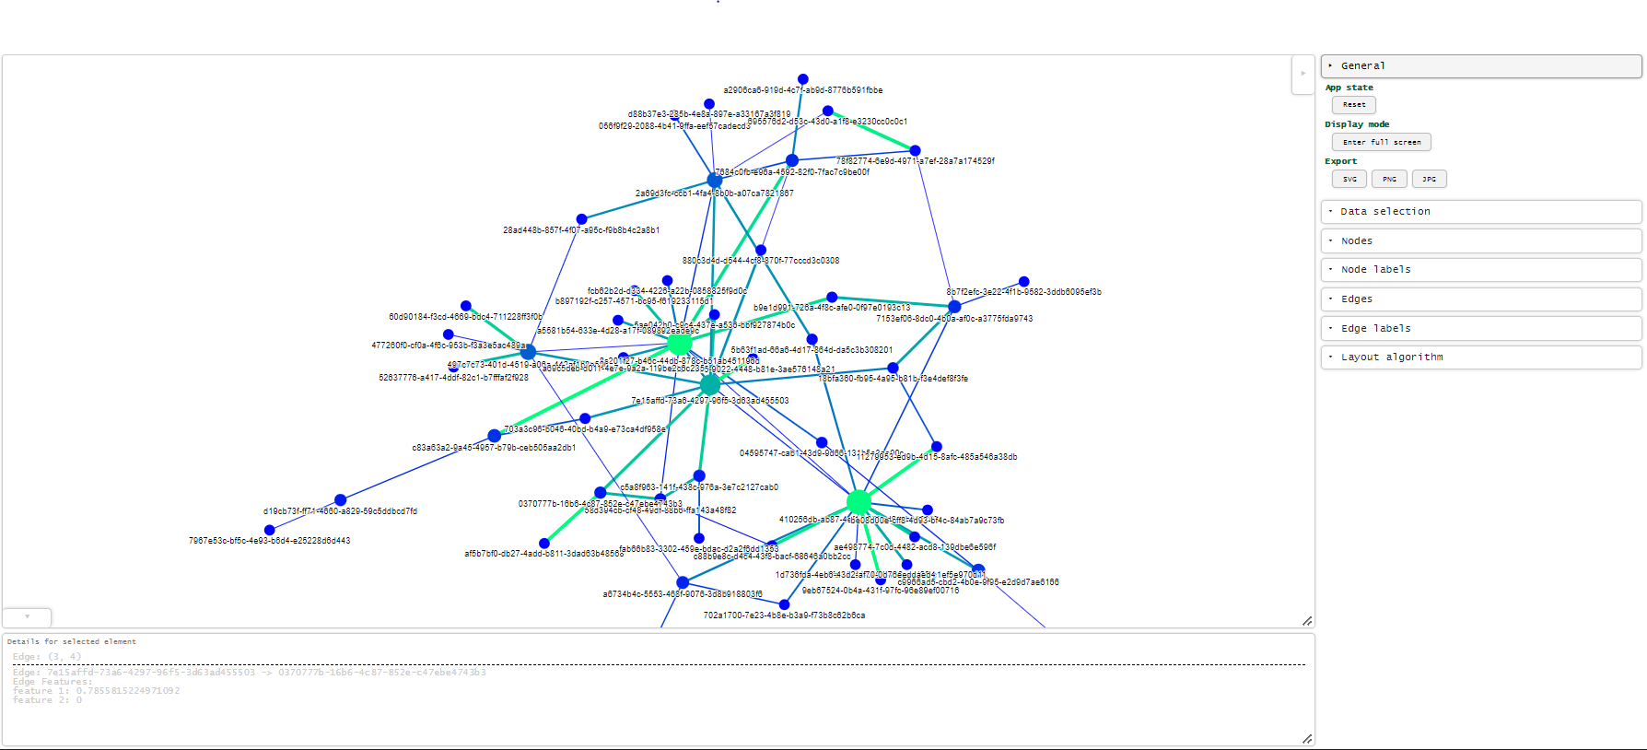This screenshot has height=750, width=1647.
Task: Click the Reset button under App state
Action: click(x=1353, y=105)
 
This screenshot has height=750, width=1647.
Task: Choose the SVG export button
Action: click(x=1349, y=179)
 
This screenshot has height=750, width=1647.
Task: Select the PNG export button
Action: click(x=1389, y=179)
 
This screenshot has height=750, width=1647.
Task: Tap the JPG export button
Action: click(x=1429, y=179)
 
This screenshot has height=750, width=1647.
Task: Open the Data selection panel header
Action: click(x=1480, y=212)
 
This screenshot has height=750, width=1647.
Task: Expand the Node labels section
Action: click(x=1480, y=270)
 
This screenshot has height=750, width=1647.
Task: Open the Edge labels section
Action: click(x=1480, y=328)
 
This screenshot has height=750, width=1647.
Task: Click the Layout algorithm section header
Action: click(x=1480, y=357)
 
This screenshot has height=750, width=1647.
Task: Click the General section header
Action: click(x=1480, y=66)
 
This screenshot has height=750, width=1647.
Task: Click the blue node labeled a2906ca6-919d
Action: click(x=803, y=79)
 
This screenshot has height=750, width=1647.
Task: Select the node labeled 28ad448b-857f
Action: click(x=581, y=219)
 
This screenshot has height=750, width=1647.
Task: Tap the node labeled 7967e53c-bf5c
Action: click(x=270, y=530)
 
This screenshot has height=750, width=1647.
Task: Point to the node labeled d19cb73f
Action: click(x=341, y=499)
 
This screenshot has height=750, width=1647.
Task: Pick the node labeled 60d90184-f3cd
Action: click(x=466, y=306)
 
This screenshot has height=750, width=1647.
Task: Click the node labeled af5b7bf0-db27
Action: click(x=544, y=543)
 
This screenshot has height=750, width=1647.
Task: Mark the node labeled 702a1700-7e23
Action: click(x=784, y=604)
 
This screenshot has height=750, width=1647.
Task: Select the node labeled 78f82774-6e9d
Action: click(x=915, y=150)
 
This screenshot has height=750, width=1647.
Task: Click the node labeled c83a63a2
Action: click(x=495, y=436)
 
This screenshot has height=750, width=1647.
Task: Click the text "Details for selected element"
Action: click(x=72, y=641)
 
